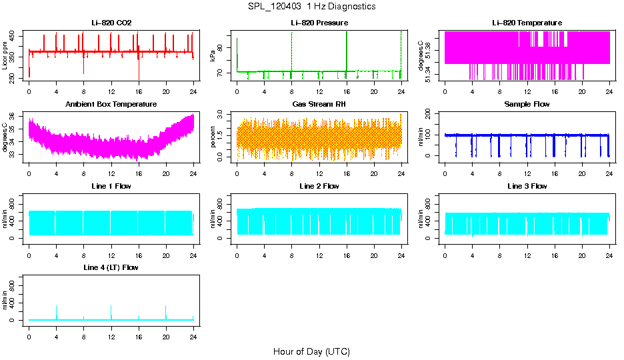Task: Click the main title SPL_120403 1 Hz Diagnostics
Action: (x=311, y=7)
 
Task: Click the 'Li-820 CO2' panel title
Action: (x=111, y=23)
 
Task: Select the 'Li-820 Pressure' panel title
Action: (x=319, y=23)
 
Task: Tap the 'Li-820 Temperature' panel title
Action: (x=527, y=23)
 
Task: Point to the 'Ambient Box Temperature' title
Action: (x=111, y=105)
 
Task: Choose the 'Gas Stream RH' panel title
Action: (x=319, y=105)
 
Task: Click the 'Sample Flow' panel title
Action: (x=527, y=105)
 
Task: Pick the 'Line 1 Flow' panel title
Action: (x=111, y=186)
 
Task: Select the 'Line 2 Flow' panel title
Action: (x=319, y=186)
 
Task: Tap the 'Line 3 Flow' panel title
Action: (x=527, y=186)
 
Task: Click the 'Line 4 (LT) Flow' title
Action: (x=111, y=267)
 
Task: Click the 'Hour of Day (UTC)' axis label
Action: (x=311, y=351)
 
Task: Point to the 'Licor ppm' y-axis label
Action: (x=5, y=55)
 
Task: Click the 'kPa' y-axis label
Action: (x=213, y=56)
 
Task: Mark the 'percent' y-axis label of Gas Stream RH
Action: (x=213, y=137)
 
